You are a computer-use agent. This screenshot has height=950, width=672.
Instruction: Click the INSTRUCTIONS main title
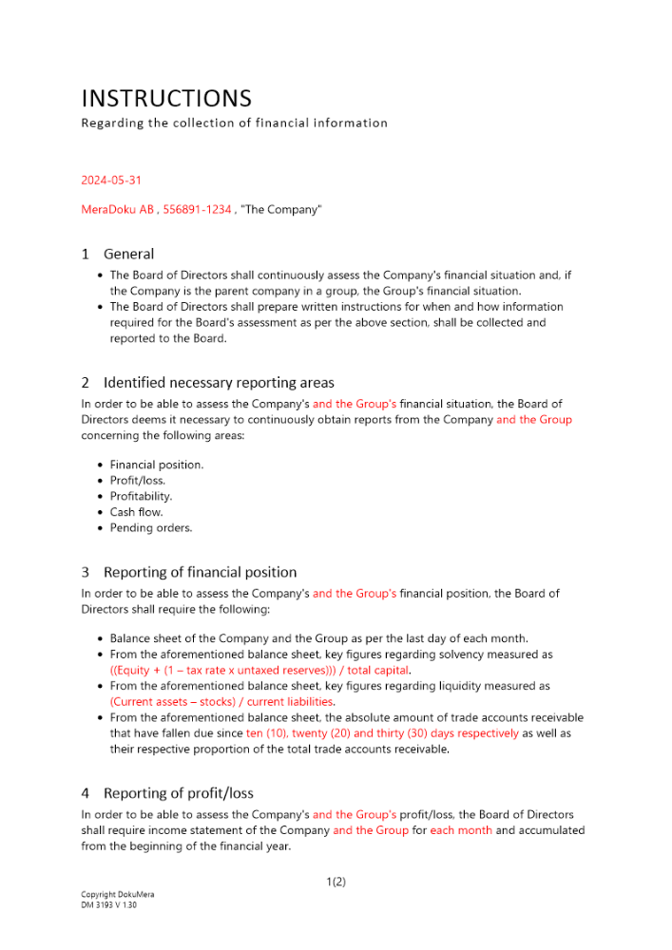point(166,99)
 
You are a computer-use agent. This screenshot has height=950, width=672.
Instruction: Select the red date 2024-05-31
point(111,180)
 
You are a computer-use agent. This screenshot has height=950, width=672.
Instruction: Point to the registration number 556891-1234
point(198,209)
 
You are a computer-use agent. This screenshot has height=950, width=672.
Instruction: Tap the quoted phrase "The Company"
point(281,209)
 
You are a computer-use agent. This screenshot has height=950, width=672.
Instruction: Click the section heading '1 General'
point(118,254)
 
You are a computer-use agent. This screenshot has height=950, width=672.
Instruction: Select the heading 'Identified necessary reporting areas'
point(219,383)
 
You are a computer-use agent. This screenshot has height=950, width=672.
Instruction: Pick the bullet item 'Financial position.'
point(157,465)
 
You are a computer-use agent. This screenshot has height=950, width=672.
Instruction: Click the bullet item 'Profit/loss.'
point(138,481)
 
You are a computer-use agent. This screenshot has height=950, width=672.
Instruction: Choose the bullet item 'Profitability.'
point(141,496)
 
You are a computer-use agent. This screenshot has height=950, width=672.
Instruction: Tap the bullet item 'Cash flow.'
point(136,512)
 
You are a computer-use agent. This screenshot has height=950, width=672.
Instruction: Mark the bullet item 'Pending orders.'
point(150,527)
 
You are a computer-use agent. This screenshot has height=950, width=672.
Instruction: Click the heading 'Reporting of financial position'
point(200,572)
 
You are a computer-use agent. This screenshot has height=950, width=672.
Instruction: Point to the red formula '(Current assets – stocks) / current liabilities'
point(221,701)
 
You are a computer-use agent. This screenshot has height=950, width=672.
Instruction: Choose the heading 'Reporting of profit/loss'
point(178,793)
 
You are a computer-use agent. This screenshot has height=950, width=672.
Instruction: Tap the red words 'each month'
point(461,830)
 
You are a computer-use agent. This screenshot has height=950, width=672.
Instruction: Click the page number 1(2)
point(336,882)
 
